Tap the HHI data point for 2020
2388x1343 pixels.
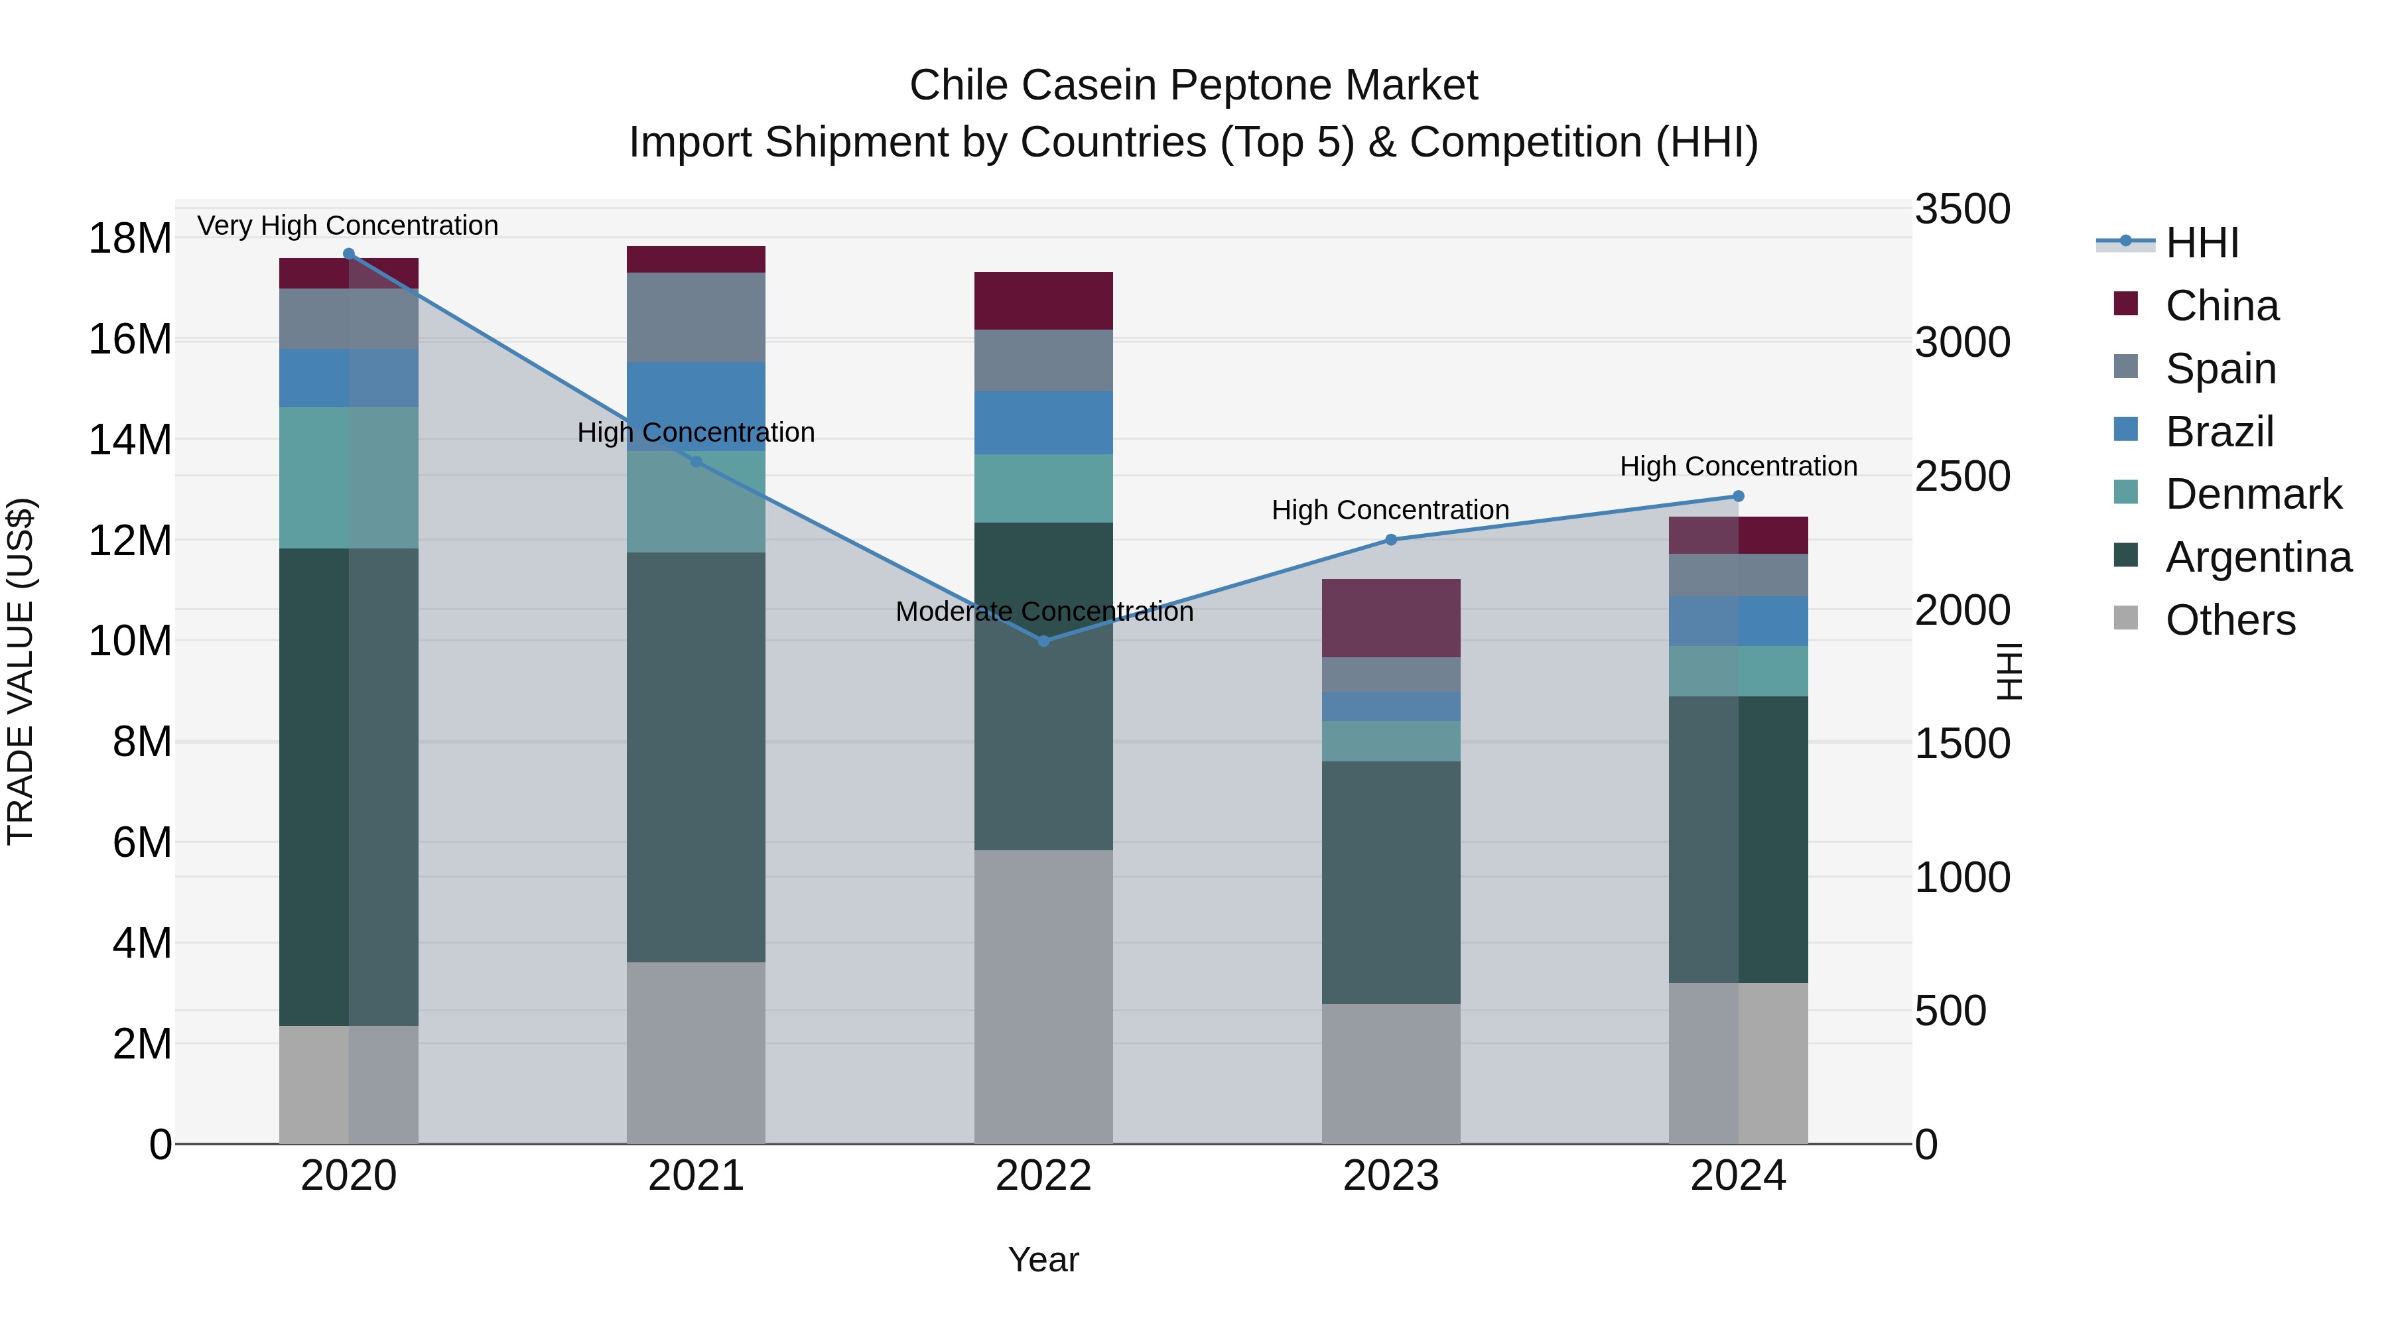tap(348, 254)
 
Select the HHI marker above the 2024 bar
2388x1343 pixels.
tap(1738, 497)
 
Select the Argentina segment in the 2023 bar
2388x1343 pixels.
tap(1390, 882)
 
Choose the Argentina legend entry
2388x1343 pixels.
tap(2258, 557)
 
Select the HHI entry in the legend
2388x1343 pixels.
tap(2202, 243)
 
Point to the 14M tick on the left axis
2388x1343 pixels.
tap(130, 439)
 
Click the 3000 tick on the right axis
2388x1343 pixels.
tap(1963, 343)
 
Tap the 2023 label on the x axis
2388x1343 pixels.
tap(1390, 1176)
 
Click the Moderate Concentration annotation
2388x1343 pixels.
tap(1044, 611)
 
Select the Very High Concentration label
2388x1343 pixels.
tap(348, 225)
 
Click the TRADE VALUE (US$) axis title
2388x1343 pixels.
tap(21, 671)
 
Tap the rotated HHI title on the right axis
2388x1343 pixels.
tap(2009, 671)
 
